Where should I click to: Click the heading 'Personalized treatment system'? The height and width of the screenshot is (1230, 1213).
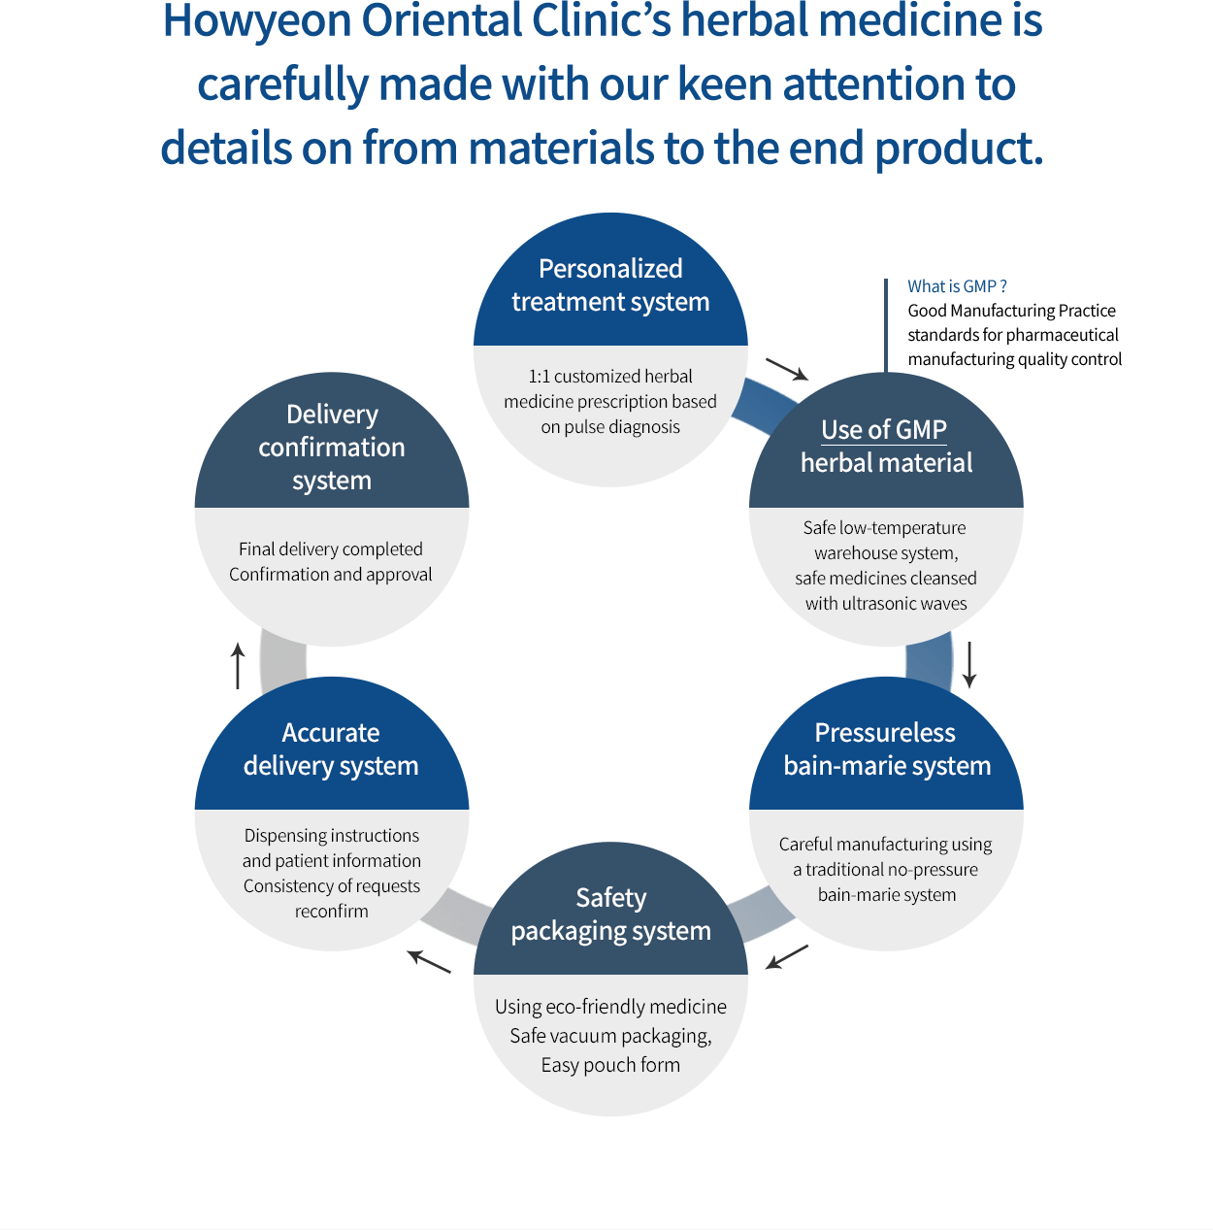pos(610,284)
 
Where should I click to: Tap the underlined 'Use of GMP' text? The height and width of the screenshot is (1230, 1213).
pos(884,429)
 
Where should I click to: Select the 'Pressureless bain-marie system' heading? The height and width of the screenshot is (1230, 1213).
pos(886,748)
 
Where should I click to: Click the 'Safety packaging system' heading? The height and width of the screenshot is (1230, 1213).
pos(610,914)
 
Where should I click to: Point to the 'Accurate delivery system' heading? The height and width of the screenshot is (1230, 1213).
pos(331,748)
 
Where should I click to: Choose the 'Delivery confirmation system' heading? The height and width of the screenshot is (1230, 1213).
pos(331,447)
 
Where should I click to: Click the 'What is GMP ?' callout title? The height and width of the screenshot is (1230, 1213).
pos(957,286)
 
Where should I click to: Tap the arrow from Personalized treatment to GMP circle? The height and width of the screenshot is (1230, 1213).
pos(787,369)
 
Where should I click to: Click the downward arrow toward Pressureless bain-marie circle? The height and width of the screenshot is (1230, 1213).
pos(969,664)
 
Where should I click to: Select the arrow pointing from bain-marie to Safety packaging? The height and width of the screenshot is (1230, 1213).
pos(787,957)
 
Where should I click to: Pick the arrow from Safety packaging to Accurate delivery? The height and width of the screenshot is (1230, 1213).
pos(429,962)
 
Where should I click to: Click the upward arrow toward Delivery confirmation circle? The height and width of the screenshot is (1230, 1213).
pos(238,666)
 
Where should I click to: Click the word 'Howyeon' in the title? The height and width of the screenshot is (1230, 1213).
pos(256,20)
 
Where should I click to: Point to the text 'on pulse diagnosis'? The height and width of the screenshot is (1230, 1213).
pos(610,426)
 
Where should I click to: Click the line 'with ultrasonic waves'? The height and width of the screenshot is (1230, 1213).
pos(886,603)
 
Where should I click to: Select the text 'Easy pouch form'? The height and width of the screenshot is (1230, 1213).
pos(610,1065)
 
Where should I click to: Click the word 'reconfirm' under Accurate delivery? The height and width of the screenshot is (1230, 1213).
pos(331,911)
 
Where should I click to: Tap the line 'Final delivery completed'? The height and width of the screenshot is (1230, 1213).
pos(331,549)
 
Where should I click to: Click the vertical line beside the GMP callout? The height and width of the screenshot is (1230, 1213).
pos(886,325)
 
